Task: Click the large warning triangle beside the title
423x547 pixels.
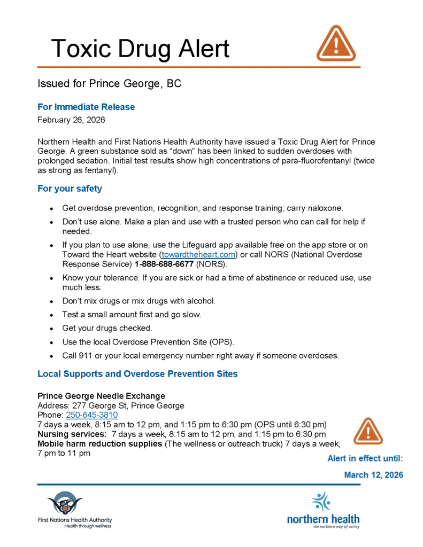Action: (336, 44)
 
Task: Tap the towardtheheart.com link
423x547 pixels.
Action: (199, 255)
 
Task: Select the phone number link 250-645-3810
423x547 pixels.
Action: (92, 415)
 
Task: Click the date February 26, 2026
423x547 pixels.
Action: (71, 120)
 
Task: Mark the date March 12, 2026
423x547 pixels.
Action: (373, 475)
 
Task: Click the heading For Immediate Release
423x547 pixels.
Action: (86, 107)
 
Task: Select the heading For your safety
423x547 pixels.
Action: (70, 189)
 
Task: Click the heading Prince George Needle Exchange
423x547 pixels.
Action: (101, 396)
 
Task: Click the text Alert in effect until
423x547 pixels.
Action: (365, 458)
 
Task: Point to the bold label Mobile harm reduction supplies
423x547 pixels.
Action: (99, 444)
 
